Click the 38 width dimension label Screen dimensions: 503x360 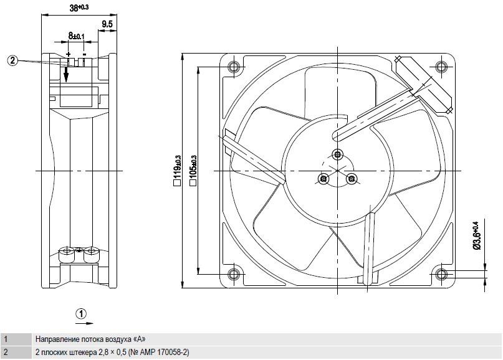(x=79, y=7)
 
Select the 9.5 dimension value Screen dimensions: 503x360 (x=107, y=24)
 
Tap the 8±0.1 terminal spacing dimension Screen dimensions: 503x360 (x=76, y=36)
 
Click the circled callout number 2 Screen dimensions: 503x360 (x=12, y=60)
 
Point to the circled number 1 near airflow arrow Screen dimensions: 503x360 (x=82, y=313)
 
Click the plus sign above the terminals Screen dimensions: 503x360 (x=69, y=54)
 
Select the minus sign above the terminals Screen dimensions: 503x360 (x=84, y=54)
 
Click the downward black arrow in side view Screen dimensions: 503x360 (x=66, y=73)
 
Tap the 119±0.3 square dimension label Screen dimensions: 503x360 (x=177, y=171)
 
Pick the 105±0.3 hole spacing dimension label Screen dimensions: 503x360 (x=193, y=171)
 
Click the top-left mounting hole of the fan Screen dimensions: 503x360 (x=233, y=67)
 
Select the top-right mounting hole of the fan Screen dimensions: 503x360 (x=442, y=67)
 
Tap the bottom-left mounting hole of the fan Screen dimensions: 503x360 (x=233, y=275)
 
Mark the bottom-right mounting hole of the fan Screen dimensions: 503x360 (x=442, y=275)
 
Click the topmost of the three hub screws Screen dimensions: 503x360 (x=337, y=154)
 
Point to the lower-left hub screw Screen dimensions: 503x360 (x=323, y=178)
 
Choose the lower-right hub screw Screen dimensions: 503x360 (x=352, y=178)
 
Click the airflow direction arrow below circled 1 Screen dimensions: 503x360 (x=85, y=323)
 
